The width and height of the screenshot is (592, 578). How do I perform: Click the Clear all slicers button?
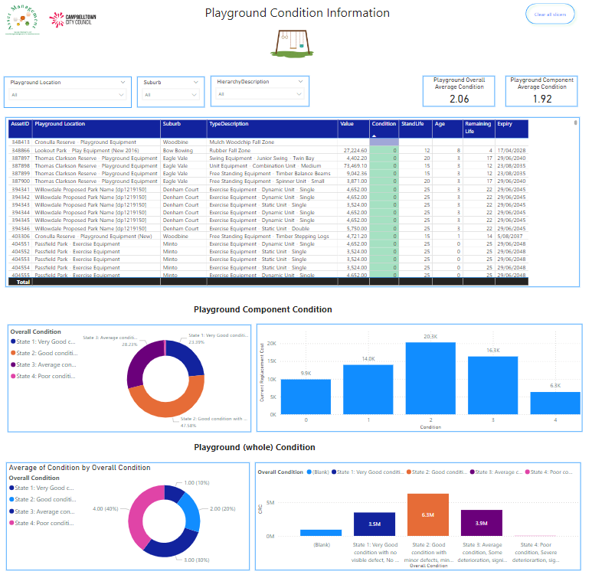pos(549,15)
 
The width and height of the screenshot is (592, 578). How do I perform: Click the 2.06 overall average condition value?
pos(459,99)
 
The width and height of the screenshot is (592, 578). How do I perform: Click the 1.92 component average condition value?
pos(542,99)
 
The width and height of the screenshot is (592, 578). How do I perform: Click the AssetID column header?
pos(20,124)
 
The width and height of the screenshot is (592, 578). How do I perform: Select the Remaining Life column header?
pos(478,128)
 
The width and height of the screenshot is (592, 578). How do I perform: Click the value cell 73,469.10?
pos(353,165)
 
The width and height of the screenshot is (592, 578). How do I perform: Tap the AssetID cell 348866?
pos(21,151)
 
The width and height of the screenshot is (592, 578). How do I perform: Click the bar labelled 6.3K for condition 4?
pos(555,403)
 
